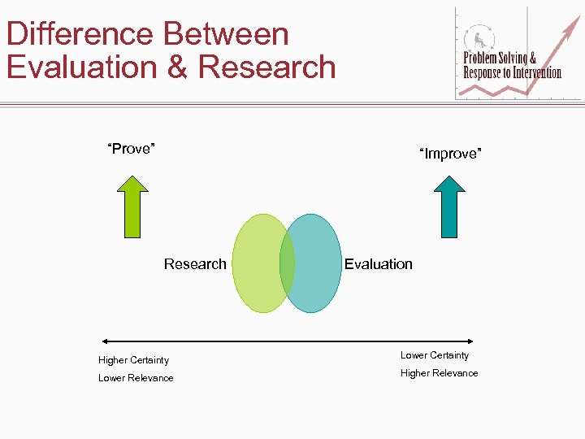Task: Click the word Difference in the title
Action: coord(80,34)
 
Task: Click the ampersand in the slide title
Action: coord(177,67)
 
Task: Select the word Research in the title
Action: coord(266,67)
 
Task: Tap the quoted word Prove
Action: coord(132,149)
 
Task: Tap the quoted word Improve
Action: coord(450,154)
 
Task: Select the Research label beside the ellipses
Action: coord(195,263)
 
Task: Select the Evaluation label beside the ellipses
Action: coord(378,263)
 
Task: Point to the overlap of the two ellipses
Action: coord(287,263)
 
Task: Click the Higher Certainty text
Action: coord(133,360)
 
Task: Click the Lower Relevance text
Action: coord(136,378)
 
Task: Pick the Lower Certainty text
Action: coord(435,355)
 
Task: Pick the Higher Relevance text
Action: coord(439,373)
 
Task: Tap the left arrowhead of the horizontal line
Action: coord(103,340)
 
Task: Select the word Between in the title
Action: coord(227,34)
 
